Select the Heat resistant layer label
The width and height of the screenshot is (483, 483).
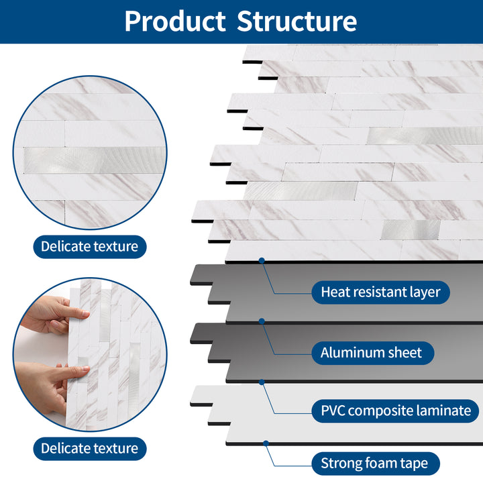click(380, 292)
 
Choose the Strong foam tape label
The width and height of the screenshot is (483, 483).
click(379, 463)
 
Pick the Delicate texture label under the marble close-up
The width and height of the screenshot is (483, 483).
click(89, 246)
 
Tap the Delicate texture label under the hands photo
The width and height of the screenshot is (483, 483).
click(89, 448)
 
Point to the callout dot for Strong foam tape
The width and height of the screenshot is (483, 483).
click(266, 443)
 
